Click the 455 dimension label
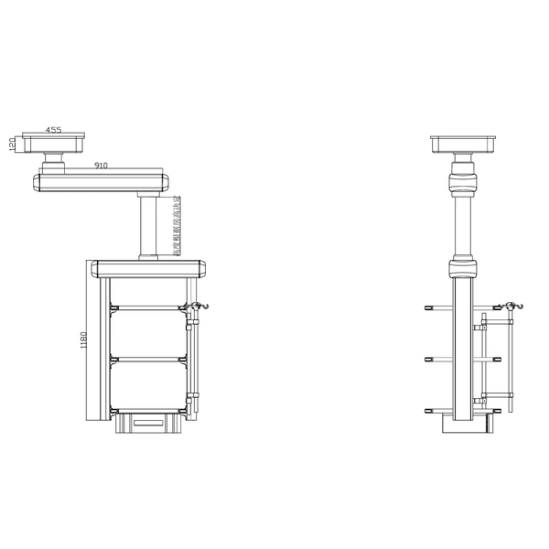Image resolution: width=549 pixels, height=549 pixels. [54, 131]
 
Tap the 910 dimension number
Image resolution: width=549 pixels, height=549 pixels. [101, 166]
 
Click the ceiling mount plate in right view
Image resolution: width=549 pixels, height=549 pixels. [465, 143]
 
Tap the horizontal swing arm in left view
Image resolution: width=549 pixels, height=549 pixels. [101, 181]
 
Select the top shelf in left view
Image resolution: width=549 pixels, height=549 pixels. [144, 308]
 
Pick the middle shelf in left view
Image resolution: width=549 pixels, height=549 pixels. [144, 358]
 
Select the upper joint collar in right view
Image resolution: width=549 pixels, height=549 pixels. [465, 179]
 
